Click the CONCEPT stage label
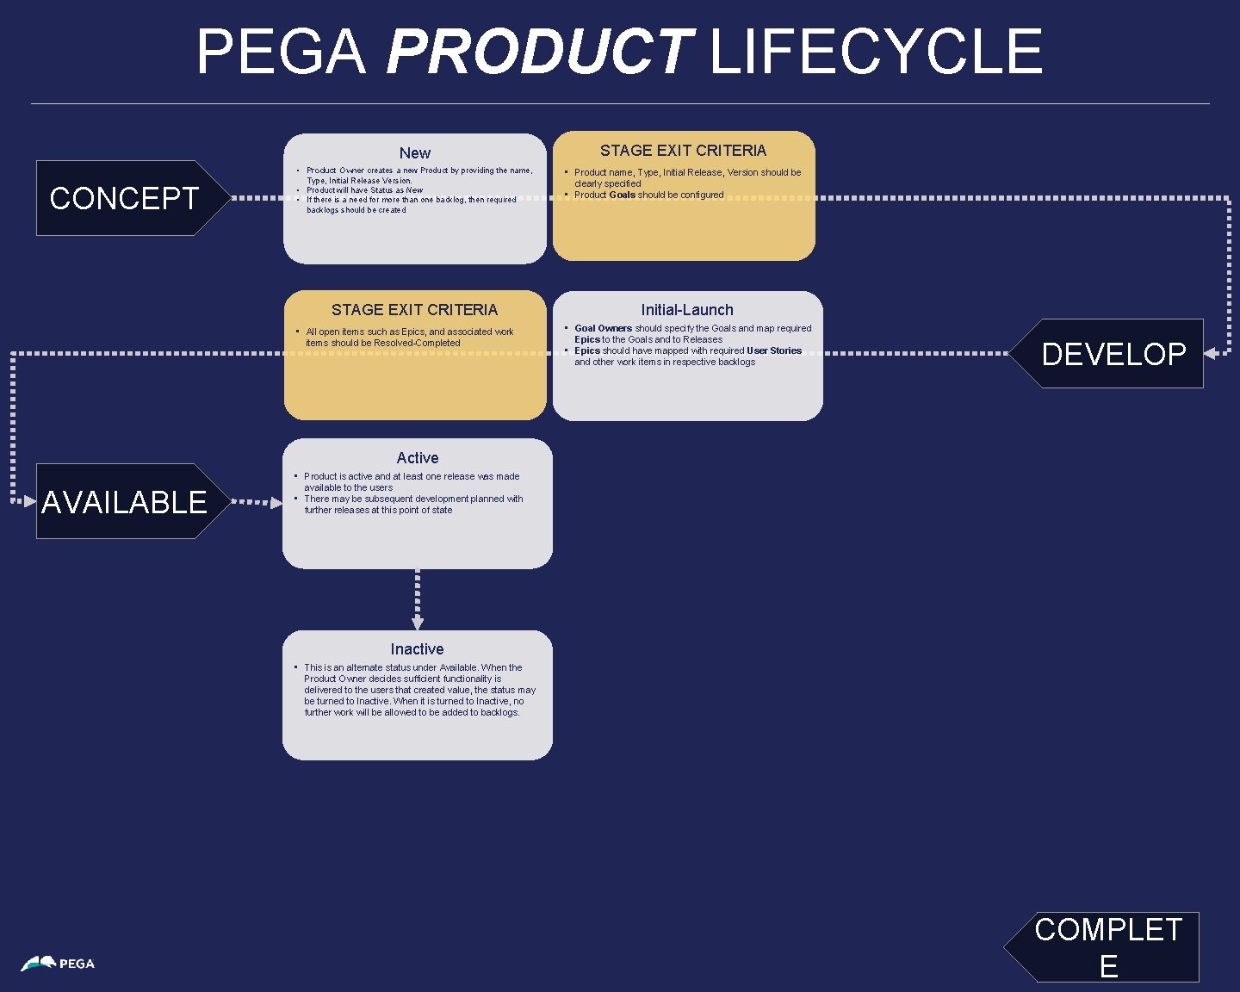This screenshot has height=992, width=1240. pyautogui.click(x=124, y=198)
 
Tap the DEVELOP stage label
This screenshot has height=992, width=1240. pyautogui.click(x=1113, y=354)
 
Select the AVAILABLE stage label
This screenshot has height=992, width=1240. pyautogui.click(x=124, y=502)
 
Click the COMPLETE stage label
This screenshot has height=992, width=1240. pyautogui.click(x=1108, y=947)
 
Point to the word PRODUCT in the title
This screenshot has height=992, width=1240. pyautogui.click(x=540, y=52)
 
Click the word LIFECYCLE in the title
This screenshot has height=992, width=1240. pyautogui.click(x=876, y=52)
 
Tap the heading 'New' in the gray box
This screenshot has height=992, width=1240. pyautogui.click(x=414, y=153)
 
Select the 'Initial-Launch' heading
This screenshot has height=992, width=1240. pyautogui.click(x=687, y=310)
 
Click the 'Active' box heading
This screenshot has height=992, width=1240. pyautogui.click(x=418, y=458)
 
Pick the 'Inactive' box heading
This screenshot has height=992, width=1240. pyautogui.click(x=418, y=649)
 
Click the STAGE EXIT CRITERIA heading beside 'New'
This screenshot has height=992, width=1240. pyautogui.click(x=683, y=151)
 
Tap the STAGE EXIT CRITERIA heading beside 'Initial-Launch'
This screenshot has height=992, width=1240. pyautogui.click(x=414, y=310)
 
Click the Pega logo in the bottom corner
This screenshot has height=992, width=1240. pyautogui.click(x=58, y=964)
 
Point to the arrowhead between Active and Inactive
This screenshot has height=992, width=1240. pyautogui.click(x=418, y=622)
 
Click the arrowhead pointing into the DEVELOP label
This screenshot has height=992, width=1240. pyautogui.click(x=1211, y=353)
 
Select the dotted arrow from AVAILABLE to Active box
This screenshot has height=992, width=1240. pyautogui.click(x=257, y=502)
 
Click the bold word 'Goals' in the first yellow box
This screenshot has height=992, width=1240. pyautogui.click(x=622, y=195)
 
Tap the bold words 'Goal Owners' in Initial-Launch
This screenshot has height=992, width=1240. pyautogui.click(x=603, y=328)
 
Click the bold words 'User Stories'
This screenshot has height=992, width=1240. pyautogui.click(x=773, y=350)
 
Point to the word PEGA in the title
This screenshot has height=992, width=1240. pyautogui.click(x=282, y=52)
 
